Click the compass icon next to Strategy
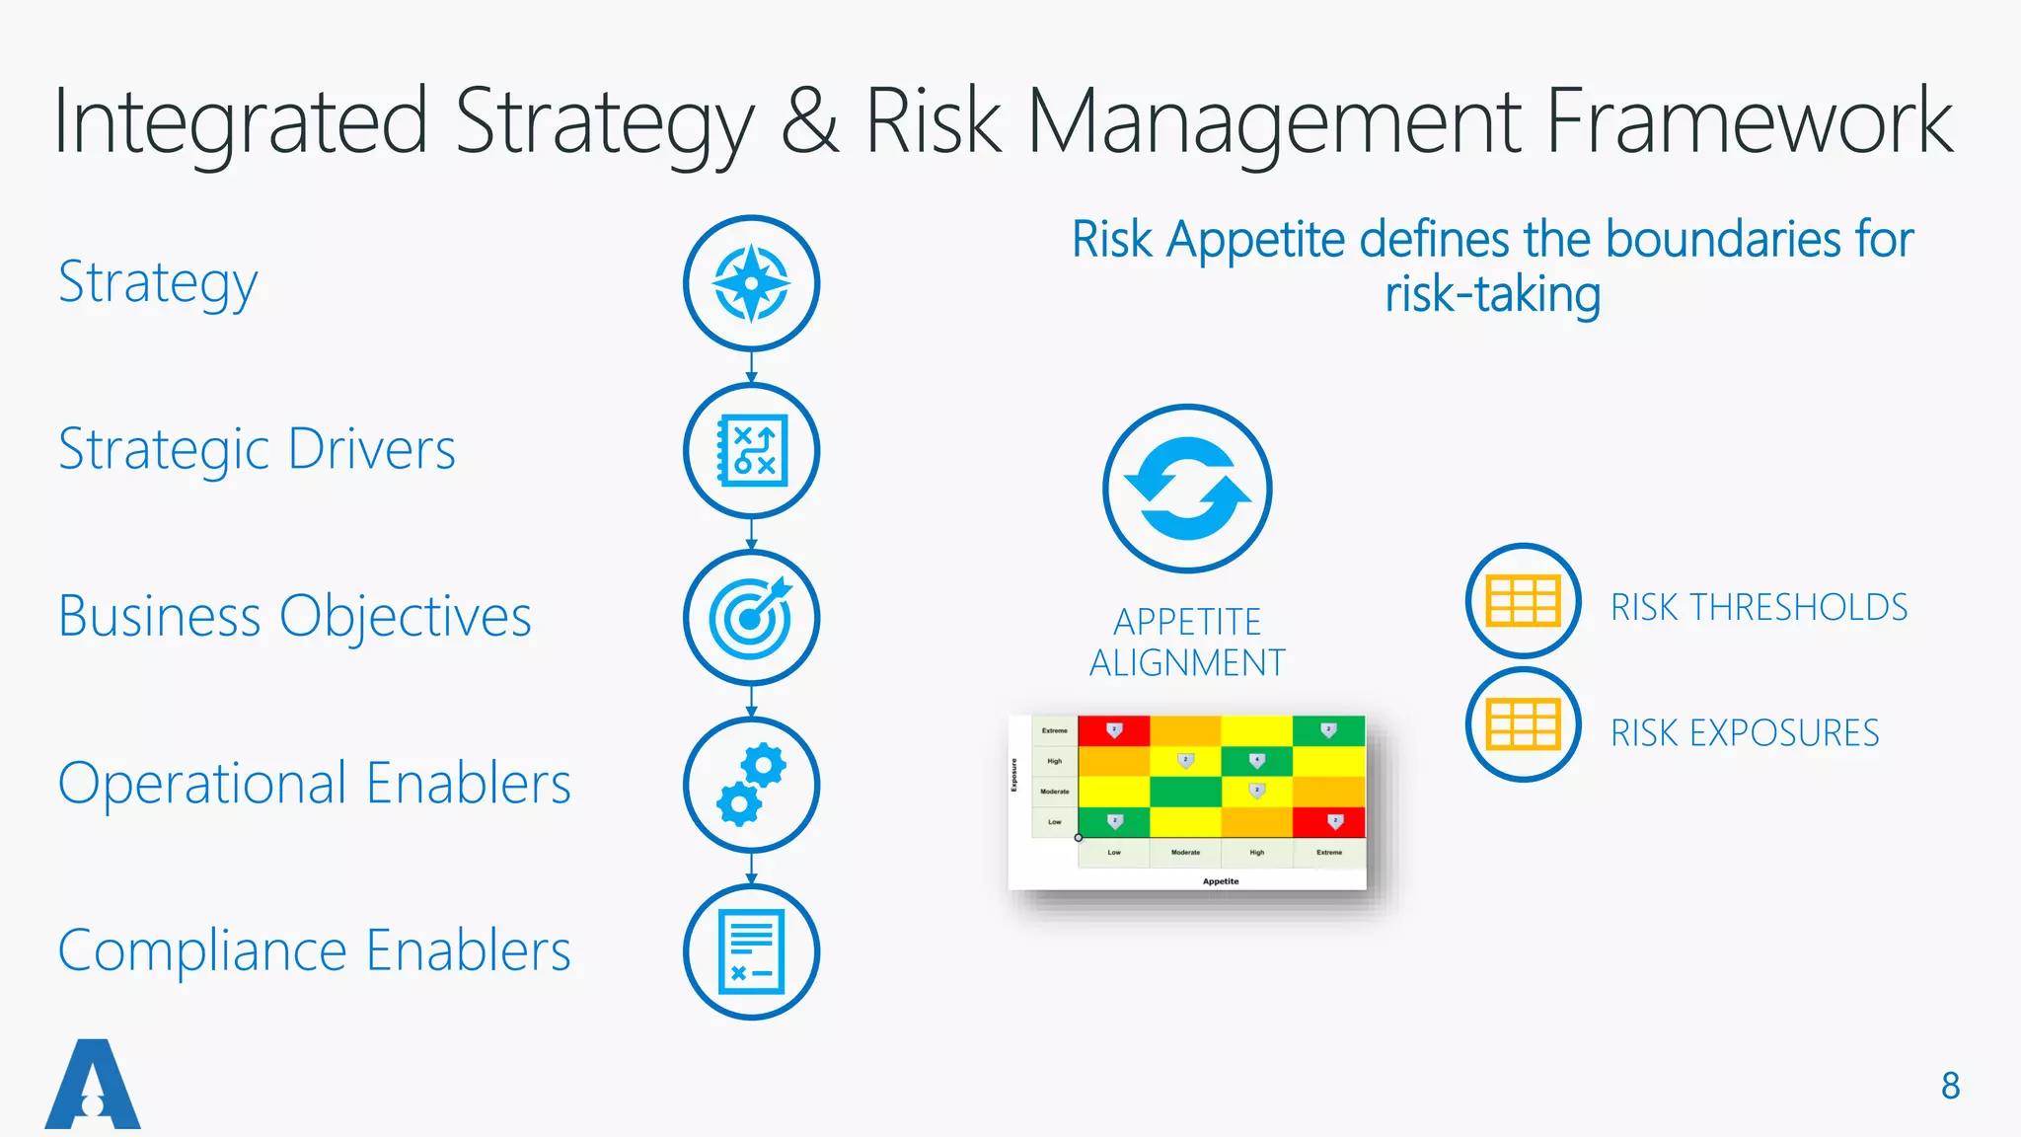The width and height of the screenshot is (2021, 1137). click(751, 283)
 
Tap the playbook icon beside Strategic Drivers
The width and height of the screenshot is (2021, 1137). click(751, 451)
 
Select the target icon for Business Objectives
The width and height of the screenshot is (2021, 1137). click(751, 618)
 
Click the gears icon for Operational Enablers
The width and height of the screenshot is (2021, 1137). click(751, 786)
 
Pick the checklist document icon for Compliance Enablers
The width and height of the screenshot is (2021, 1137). click(751, 952)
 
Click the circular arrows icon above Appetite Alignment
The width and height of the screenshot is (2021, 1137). click(1187, 489)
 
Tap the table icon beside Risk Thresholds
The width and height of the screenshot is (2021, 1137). click(1524, 601)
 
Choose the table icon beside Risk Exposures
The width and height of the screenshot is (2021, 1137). click(1524, 725)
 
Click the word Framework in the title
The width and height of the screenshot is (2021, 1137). click(1749, 122)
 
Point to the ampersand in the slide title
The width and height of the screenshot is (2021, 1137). click(809, 122)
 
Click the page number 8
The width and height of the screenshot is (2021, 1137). click(1950, 1086)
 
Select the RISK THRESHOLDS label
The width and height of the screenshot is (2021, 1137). click(1759, 607)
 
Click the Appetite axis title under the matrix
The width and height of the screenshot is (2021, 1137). click(1221, 881)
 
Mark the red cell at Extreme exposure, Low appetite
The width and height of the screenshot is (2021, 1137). click(1114, 731)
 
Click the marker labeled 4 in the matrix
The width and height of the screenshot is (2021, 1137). click(1256, 760)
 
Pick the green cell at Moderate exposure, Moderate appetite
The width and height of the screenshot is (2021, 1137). click(1185, 792)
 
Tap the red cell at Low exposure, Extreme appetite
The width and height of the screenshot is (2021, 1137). click(1329, 821)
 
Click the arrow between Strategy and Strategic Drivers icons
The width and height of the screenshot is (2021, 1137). click(751, 367)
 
